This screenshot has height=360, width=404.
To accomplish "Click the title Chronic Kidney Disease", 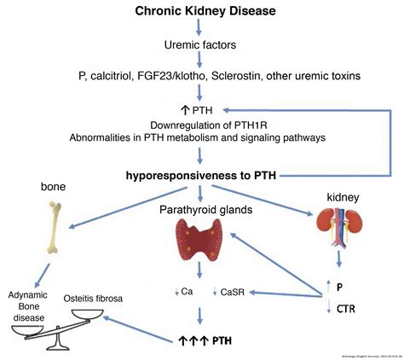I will pos(201,12).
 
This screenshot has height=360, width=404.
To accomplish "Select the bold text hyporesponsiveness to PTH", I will pos(202,175).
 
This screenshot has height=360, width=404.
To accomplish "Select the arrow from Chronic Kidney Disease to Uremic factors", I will pos(201,28).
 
